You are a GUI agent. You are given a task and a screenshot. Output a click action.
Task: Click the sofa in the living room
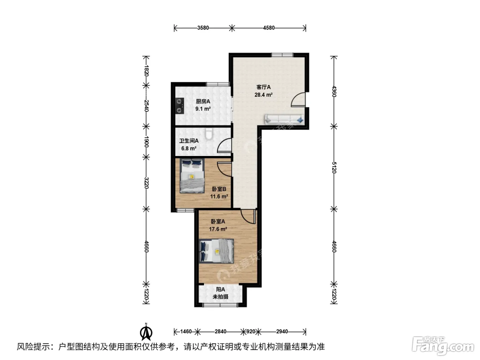point(284,119)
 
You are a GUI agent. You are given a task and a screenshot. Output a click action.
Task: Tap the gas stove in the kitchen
point(180,106)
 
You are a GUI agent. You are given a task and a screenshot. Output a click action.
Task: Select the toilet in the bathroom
point(209,134)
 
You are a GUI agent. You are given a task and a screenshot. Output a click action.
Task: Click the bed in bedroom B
point(192,176)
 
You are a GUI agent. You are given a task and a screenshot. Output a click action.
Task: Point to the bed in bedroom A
point(216,251)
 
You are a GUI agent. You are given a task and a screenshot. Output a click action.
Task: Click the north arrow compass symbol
point(146,332)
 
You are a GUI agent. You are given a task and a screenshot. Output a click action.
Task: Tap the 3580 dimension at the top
point(203,28)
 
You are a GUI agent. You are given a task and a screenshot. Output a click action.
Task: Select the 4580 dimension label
point(269,28)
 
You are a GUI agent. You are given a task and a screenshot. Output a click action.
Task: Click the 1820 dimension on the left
point(146,71)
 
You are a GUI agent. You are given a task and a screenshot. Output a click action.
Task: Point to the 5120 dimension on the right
point(334,167)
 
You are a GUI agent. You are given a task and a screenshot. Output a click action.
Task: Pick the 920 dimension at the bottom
point(251,332)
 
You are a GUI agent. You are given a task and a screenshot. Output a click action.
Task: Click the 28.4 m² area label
point(263,95)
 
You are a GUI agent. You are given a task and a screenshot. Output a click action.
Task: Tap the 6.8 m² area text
point(189,149)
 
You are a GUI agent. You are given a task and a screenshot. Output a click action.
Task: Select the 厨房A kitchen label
point(203,101)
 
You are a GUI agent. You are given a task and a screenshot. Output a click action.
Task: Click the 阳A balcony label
point(220,289)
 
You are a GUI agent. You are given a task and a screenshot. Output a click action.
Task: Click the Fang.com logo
point(443,346)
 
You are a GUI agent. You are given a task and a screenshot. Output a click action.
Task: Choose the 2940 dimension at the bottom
point(282,332)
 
